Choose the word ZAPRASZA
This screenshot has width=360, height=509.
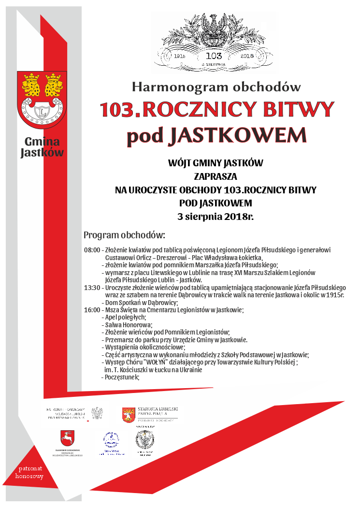216,176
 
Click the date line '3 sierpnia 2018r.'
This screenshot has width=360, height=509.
216,216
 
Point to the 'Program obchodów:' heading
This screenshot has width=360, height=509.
124,235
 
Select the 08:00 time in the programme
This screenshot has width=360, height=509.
92,250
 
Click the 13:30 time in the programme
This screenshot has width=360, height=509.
92,287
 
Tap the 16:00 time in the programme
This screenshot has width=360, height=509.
92,310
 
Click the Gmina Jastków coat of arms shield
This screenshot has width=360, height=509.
42,99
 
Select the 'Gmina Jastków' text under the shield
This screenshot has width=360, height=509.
42,147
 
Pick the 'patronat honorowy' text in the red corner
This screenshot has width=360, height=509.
29,472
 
